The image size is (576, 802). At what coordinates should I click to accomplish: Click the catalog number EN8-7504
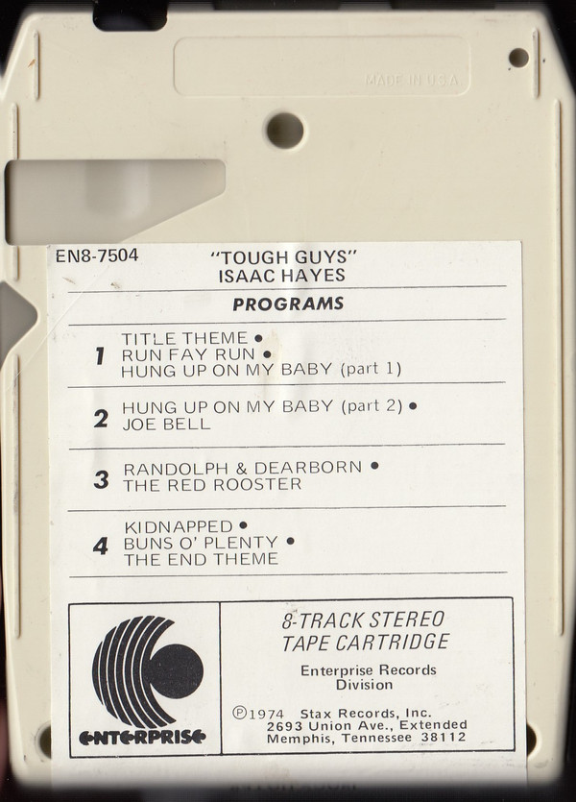coord(97,255)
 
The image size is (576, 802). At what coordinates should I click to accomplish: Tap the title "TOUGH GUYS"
coord(282,256)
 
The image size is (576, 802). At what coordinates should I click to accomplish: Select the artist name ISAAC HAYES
coord(281,276)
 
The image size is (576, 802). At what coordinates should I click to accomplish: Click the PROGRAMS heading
coord(288,304)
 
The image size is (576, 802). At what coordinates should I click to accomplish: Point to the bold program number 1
coord(100,355)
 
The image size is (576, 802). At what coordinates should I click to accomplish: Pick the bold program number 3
coord(101,480)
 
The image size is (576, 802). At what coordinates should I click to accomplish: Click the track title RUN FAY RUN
coord(188,354)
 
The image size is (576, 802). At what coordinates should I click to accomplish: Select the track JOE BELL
coord(166,424)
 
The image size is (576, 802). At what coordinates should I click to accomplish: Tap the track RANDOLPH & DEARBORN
coord(243,468)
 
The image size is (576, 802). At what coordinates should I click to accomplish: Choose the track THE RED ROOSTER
coord(212,484)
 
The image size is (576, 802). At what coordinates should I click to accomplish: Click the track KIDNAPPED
coord(179,526)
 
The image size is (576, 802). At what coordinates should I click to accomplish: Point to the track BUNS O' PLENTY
coord(201,543)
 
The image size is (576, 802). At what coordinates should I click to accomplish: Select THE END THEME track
coord(201,559)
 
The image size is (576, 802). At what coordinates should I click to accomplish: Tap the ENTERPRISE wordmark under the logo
coord(142,737)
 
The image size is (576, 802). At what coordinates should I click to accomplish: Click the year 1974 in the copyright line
coord(266,714)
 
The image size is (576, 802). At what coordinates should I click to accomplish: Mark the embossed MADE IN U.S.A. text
coord(412,81)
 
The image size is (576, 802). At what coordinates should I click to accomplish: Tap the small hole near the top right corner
coord(518,58)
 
